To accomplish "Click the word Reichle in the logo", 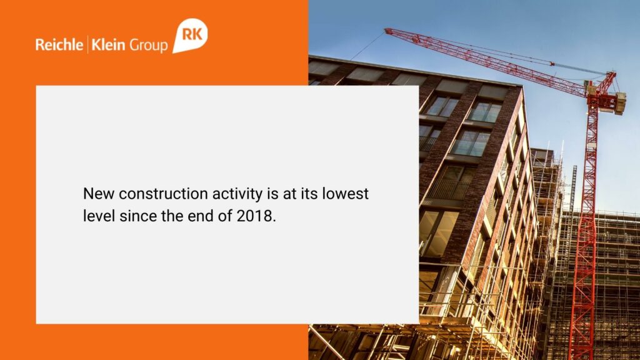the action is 59,44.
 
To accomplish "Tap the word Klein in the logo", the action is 108,44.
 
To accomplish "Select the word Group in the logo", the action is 149,45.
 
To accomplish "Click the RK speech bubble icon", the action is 190,35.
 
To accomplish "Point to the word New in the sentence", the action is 98,194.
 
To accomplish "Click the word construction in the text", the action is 163,194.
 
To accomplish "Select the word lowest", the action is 345,194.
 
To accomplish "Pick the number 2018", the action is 256,216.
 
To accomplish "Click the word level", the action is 99,216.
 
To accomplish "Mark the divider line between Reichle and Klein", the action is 87,44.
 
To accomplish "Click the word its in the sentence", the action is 309,194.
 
